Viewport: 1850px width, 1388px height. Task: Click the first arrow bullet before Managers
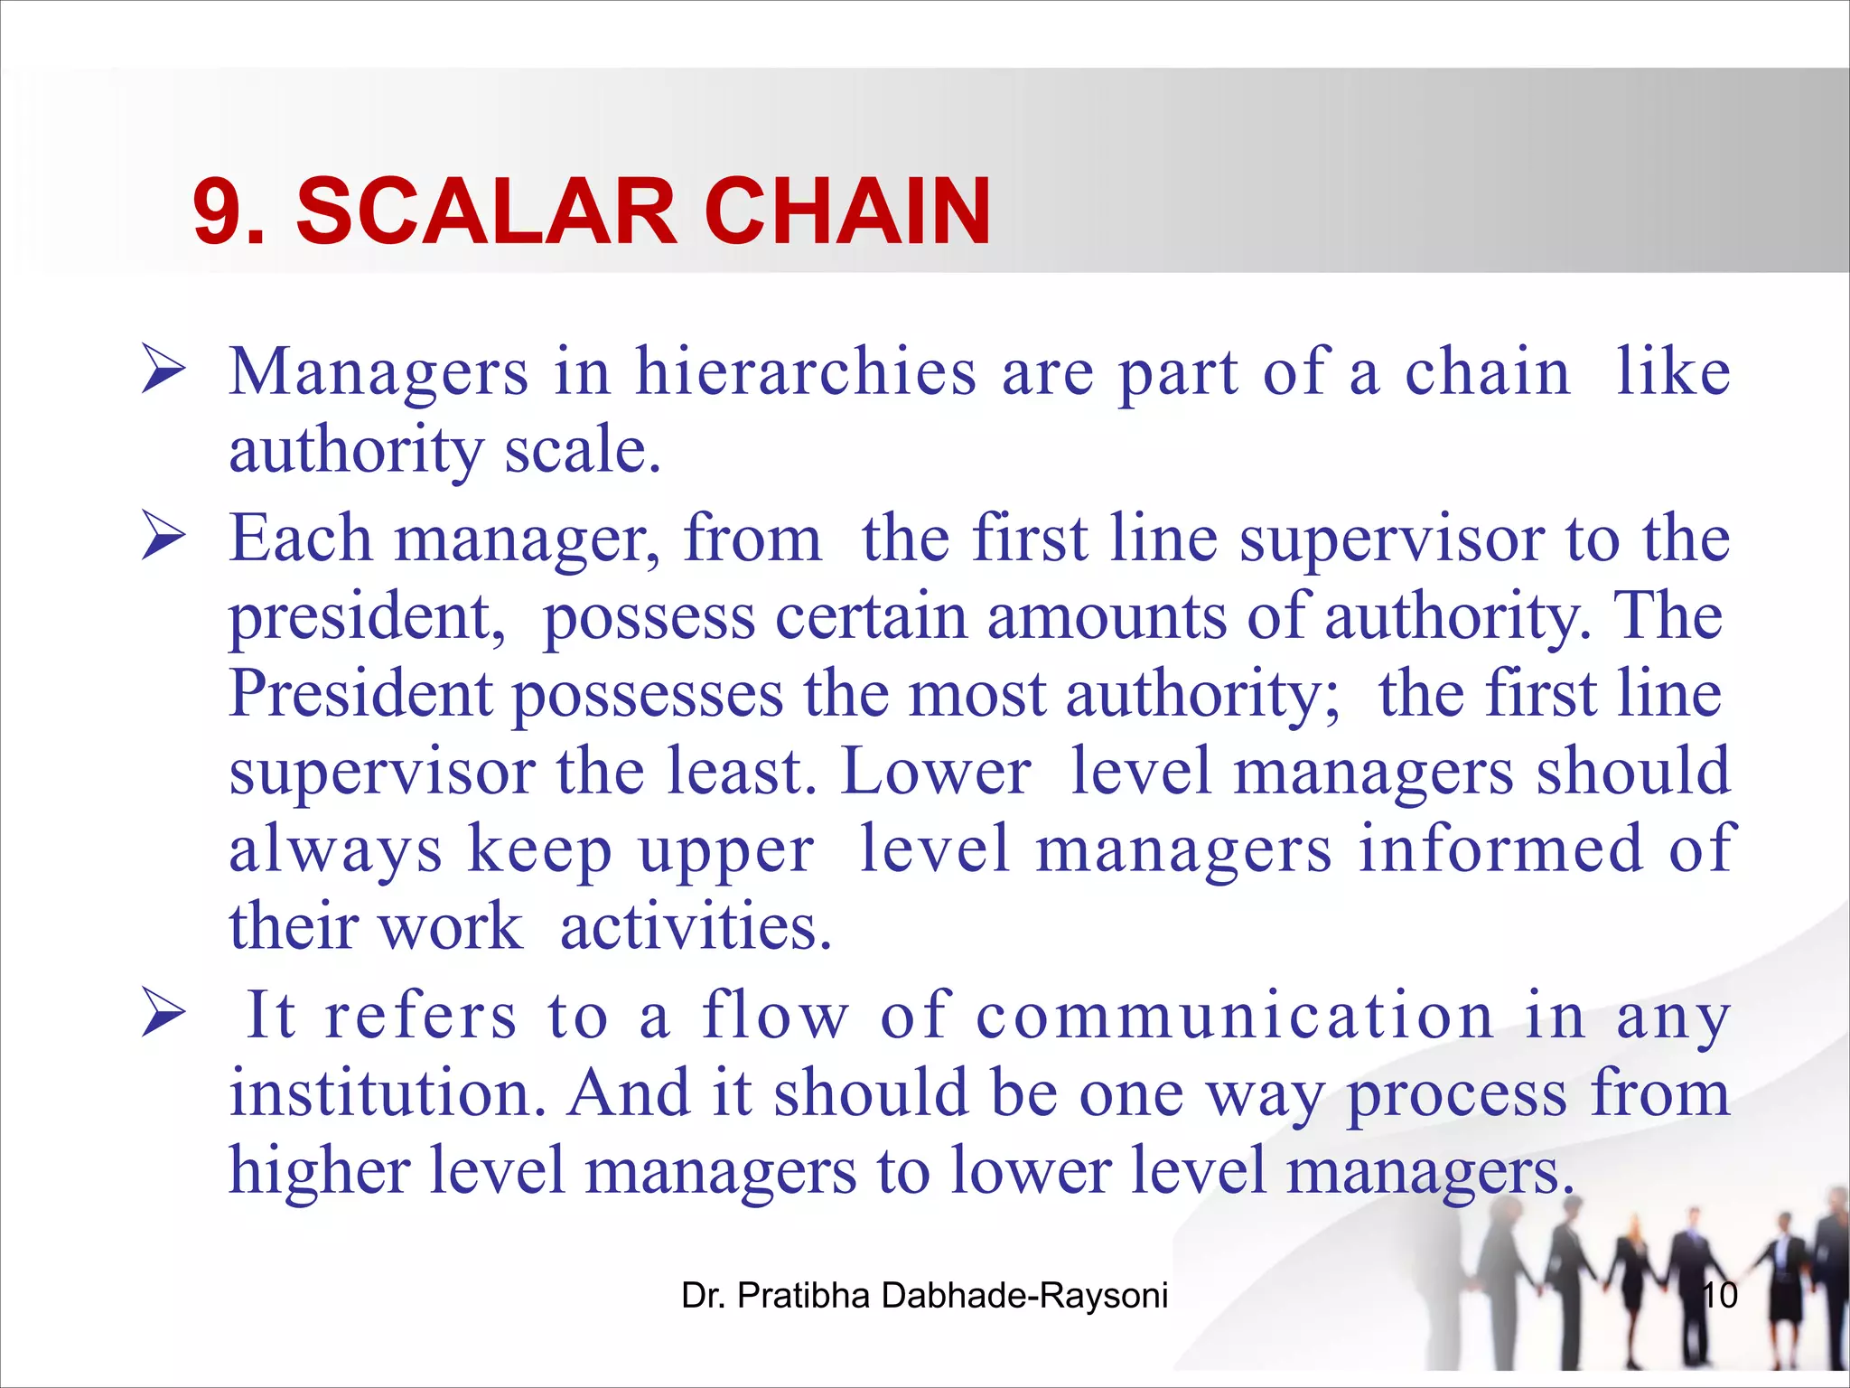pyautogui.click(x=164, y=371)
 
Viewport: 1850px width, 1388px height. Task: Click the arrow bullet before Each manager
pyautogui.click(x=164, y=538)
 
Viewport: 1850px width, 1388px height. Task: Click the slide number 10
pyautogui.click(x=1718, y=1296)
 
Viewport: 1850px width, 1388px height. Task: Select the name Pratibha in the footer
pyautogui.click(x=804, y=1296)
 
